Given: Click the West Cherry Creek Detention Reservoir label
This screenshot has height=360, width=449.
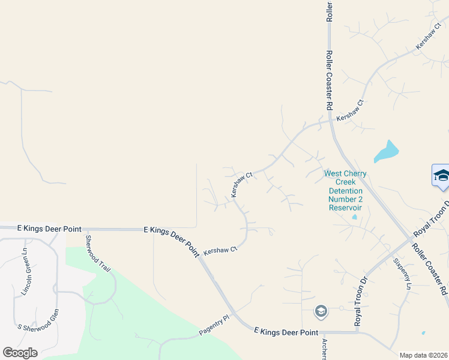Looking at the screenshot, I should point(345,190).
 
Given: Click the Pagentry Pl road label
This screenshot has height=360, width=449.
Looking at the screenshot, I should point(214,328).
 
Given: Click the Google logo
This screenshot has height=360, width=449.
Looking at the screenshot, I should point(20,352).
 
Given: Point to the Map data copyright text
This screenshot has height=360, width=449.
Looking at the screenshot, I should point(424,355).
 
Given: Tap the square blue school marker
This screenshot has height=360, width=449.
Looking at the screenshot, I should point(441,176).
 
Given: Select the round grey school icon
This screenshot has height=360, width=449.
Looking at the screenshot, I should point(321,311).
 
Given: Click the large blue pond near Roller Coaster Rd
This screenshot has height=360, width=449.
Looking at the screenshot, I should point(387,151).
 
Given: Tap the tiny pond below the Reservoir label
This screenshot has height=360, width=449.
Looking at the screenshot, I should point(354,217).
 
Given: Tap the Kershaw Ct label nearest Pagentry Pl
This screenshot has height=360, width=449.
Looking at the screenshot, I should point(220,250).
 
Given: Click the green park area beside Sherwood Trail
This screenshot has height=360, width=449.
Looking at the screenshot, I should point(150,306).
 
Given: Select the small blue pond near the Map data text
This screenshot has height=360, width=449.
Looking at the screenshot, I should point(423,333).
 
